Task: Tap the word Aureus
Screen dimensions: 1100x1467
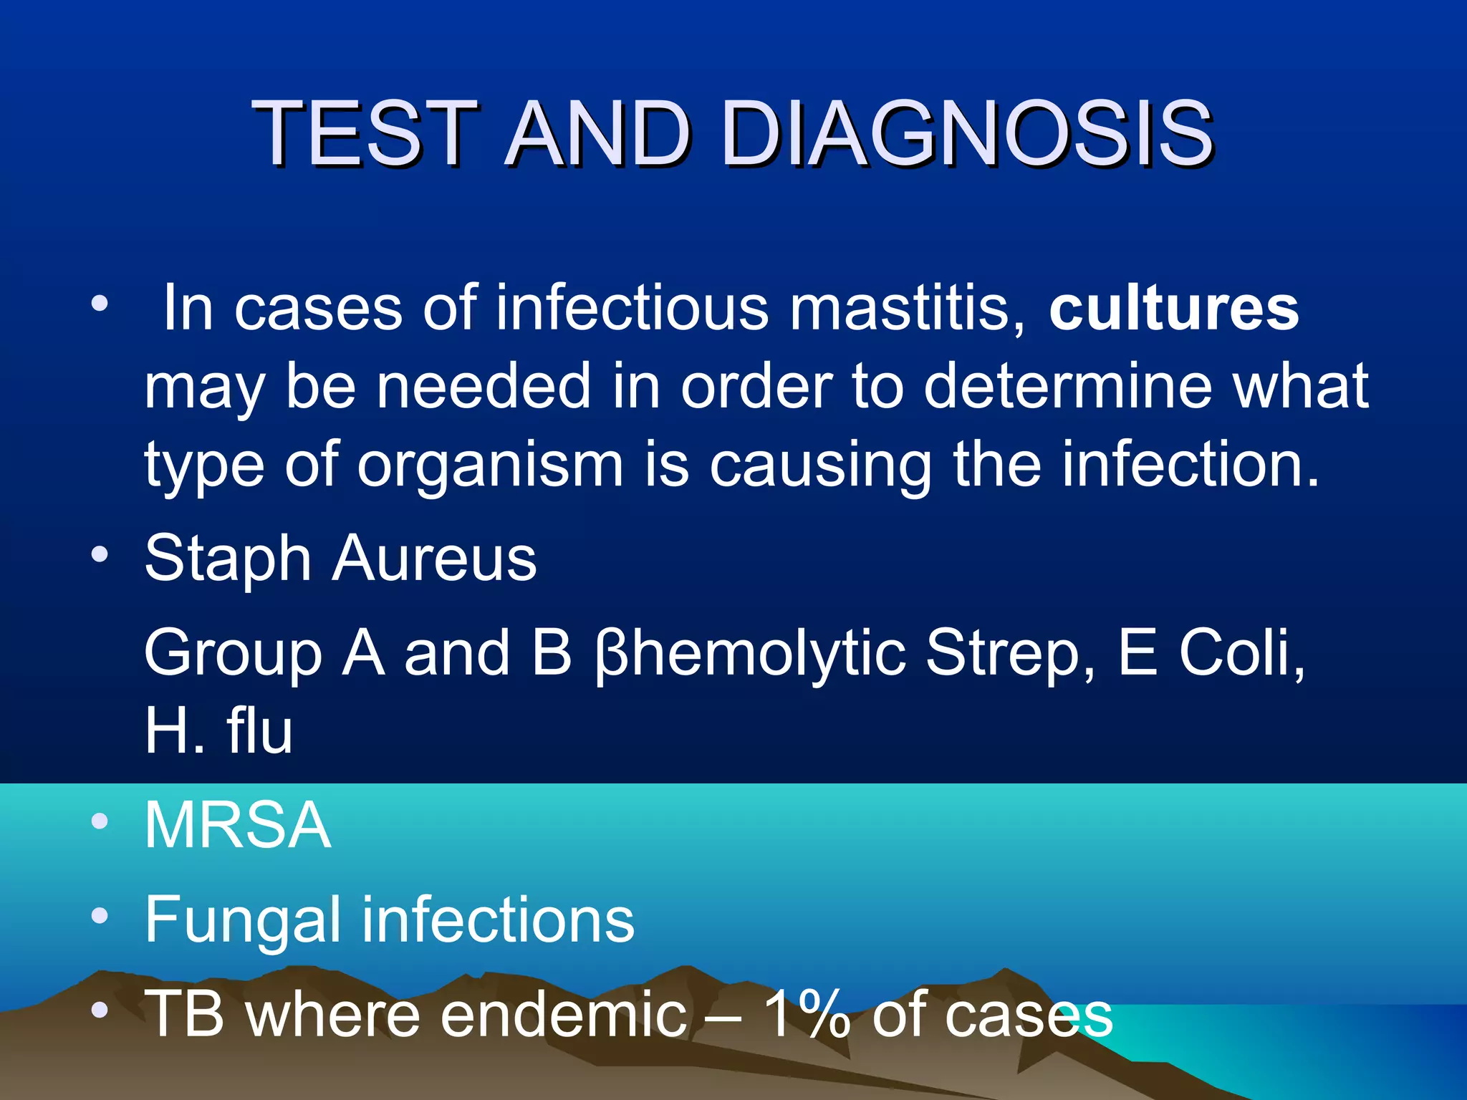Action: (x=435, y=559)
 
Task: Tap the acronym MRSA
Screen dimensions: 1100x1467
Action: (x=238, y=825)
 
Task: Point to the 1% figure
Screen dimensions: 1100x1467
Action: (x=807, y=1013)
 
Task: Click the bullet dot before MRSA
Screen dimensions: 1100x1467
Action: (x=100, y=821)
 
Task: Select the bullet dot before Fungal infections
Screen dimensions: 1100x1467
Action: (x=100, y=915)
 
